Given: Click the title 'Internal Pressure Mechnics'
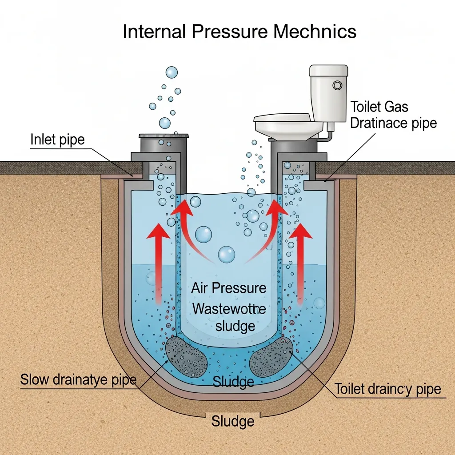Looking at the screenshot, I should pyautogui.click(x=239, y=32).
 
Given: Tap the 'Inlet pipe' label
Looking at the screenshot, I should pyautogui.click(x=57, y=140).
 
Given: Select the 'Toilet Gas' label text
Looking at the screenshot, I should pyautogui.click(x=379, y=107).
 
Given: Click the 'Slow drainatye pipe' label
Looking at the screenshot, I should pyautogui.click(x=78, y=380).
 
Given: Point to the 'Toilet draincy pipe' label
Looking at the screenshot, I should pyautogui.click(x=387, y=389).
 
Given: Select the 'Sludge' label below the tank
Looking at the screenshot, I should pyautogui.click(x=233, y=421).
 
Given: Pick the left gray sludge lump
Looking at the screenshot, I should pyautogui.click(x=186, y=356).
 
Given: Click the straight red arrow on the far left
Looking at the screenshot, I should pyautogui.click(x=158, y=262).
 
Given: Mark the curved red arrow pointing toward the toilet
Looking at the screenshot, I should pyautogui.click(x=267, y=231).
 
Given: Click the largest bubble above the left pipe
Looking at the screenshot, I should pyautogui.click(x=172, y=72).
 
